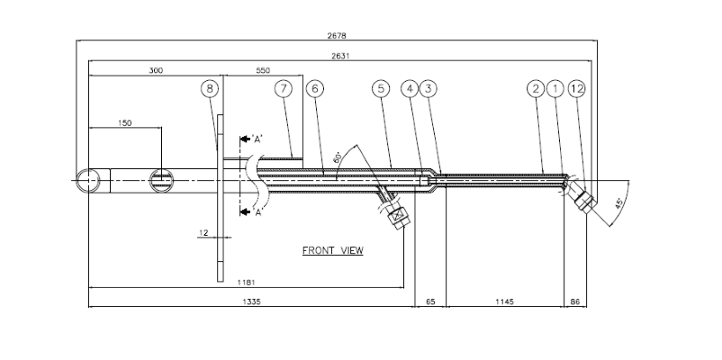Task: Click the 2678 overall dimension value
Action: point(338,37)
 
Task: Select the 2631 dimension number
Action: point(338,57)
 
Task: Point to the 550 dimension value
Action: point(263,70)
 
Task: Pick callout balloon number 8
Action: point(210,89)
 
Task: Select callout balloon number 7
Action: point(284,89)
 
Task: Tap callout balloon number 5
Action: point(382,89)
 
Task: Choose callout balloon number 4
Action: point(411,89)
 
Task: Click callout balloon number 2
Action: point(536,89)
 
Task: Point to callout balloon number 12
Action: point(577,89)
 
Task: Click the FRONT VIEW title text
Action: point(332,251)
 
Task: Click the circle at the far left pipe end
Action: point(87,180)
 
